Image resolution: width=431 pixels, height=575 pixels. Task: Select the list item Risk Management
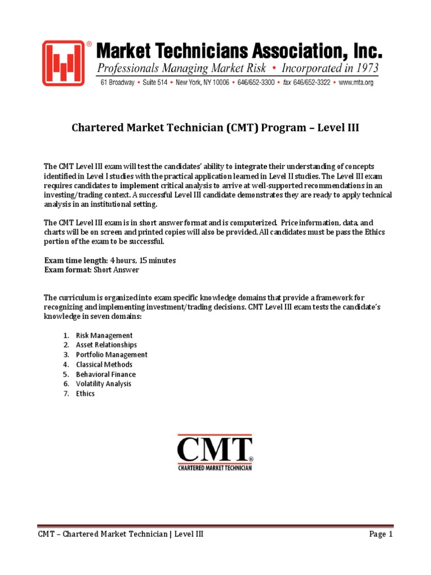pos(104,335)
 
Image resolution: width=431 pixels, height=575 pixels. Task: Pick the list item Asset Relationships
pos(107,345)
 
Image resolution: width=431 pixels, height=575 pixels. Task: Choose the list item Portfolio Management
pos(112,355)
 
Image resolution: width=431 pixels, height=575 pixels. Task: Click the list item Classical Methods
pos(104,364)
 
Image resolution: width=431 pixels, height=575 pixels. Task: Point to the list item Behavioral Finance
pos(106,375)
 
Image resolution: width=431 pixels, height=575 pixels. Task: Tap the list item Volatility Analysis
pos(104,384)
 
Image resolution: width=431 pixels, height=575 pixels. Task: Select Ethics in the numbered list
pos(85,394)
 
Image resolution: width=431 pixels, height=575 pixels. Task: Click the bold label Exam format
pos(67,270)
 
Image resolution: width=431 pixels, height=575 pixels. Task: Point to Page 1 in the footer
pos(381,535)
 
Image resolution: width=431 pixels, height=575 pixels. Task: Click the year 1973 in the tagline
pos(365,70)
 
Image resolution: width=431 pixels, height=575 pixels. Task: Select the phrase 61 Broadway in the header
pos(117,82)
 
